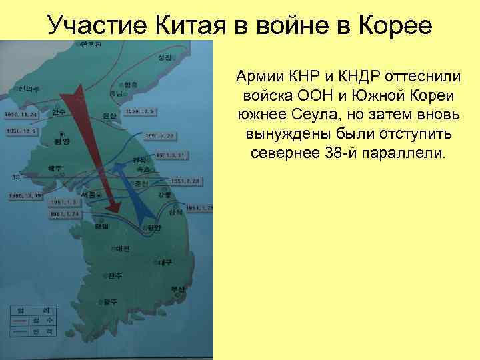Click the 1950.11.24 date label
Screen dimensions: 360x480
click(x=21, y=114)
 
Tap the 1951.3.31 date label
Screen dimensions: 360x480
click(x=169, y=155)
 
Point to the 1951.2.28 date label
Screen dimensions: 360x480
click(x=185, y=181)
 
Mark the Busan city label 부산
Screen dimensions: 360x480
click(x=176, y=289)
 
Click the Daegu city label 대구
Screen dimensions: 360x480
click(x=164, y=261)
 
